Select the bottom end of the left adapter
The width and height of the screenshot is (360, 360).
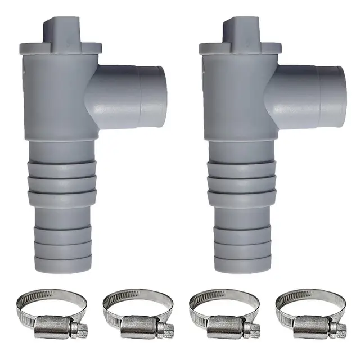tap(63, 264)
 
